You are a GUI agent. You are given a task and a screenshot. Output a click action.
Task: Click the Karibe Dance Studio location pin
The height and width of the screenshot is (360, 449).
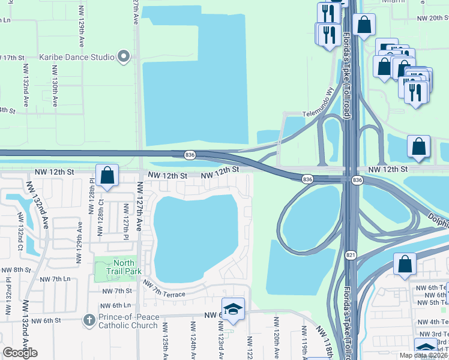click(124, 57)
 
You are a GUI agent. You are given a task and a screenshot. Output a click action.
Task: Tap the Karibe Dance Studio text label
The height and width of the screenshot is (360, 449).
click(77, 58)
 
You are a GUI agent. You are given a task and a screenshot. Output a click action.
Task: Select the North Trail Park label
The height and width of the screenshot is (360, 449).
click(124, 267)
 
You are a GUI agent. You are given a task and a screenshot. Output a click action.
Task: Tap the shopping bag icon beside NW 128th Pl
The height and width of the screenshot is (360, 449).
click(107, 176)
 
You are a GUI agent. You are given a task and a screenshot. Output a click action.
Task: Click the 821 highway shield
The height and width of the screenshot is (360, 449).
click(351, 255)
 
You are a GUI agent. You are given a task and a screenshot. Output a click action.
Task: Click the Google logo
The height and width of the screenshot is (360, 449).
click(20, 353)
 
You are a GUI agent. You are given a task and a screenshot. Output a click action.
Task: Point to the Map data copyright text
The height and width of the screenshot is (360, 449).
click(423, 355)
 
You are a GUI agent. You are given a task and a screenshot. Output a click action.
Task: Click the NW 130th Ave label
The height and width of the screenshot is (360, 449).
click(55, 94)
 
